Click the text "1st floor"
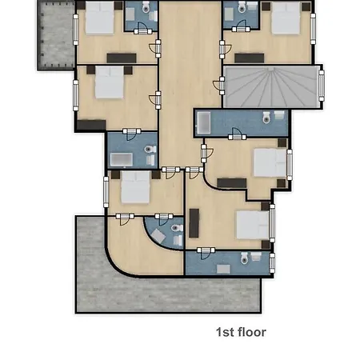click(x=241, y=332)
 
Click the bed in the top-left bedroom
click(x=99, y=18)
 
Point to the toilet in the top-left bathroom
click(x=146, y=9)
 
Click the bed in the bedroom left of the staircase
click(x=110, y=84)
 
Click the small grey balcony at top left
click(x=54, y=37)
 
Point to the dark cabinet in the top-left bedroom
click(x=122, y=58)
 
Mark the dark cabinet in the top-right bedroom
click(x=248, y=57)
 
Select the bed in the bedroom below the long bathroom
click(x=268, y=163)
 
